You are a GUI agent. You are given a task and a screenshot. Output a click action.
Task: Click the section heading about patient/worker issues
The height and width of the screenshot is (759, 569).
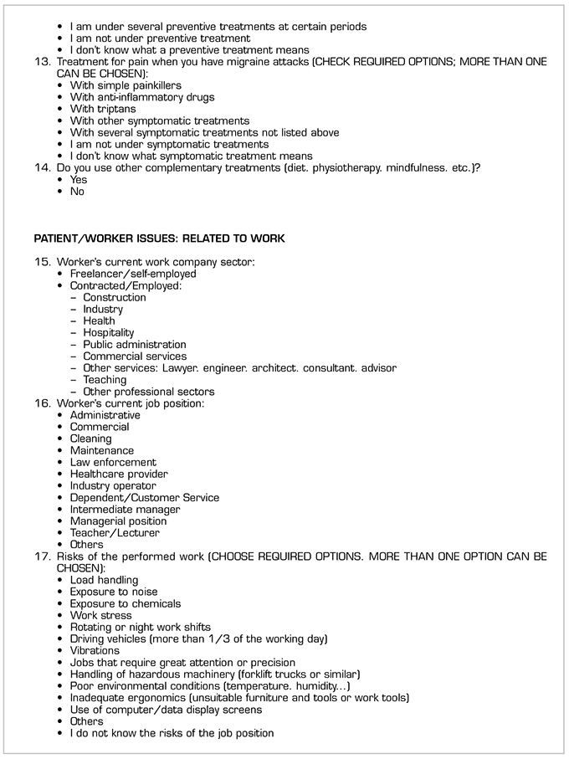pos(159,238)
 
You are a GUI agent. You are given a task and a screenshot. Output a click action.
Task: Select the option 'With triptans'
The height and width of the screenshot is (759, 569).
pos(102,109)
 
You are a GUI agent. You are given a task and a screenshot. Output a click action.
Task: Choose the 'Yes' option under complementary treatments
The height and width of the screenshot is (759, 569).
pos(78,179)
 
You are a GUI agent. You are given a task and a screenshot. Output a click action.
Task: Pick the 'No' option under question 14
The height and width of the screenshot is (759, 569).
pos(77,191)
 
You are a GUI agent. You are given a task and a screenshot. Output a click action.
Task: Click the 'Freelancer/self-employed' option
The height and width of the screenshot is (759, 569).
pos(132,274)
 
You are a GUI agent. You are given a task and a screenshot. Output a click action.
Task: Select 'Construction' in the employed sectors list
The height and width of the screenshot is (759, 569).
pos(114,297)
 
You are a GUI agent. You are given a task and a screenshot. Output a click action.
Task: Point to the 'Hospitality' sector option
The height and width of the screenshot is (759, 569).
pos(108,332)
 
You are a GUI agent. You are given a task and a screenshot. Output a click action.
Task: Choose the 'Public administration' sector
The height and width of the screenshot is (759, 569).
pos(134,344)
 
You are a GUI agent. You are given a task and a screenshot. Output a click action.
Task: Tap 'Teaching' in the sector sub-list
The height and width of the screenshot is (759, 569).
pos(105,379)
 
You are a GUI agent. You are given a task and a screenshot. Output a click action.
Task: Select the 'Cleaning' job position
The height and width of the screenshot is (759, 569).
pos(90,438)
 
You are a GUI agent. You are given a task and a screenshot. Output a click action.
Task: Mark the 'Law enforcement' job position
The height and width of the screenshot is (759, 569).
pos(113,462)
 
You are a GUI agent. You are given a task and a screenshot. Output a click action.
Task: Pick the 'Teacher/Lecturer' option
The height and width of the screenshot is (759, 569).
pos(114,532)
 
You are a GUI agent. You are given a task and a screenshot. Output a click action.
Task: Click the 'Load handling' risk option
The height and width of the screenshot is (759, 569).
pos(104,580)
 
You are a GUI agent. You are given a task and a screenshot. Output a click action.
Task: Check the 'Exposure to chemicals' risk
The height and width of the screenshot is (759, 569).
pos(125,603)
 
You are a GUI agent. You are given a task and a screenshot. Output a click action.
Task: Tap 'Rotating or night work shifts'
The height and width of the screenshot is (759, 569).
pos(140,627)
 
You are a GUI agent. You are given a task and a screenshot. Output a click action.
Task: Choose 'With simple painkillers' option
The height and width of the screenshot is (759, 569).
pos(125,85)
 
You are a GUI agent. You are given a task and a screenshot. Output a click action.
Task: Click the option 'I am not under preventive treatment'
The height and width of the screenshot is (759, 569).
pos(159,38)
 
